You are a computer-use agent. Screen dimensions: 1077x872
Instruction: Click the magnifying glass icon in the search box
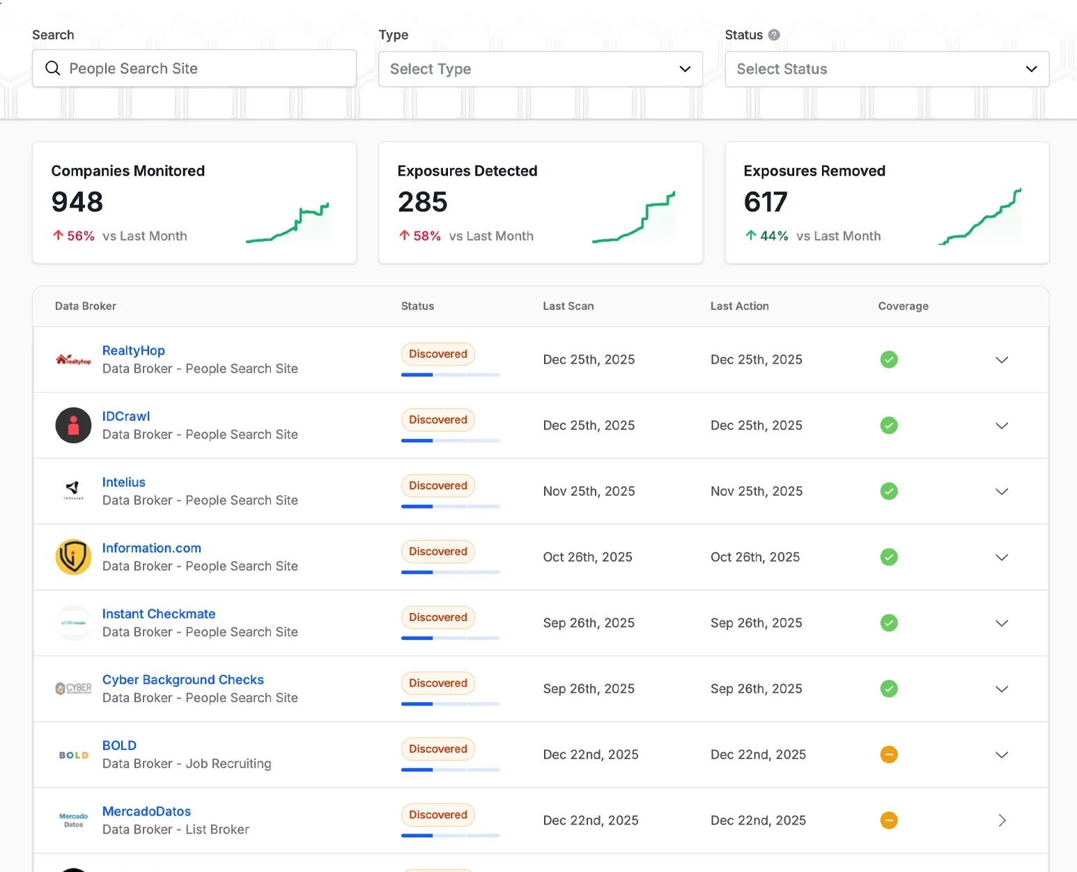pos(52,68)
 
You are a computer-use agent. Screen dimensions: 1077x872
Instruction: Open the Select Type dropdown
pos(540,69)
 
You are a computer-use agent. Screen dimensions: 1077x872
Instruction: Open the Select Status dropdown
pos(887,69)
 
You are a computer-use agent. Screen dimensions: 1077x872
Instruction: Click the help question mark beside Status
pos(774,35)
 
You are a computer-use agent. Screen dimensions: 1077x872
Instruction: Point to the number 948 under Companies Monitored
pos(77,202)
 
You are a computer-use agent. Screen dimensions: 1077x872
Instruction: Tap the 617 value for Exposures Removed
pos(765,202)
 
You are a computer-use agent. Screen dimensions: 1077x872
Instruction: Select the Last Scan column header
pos(568,306)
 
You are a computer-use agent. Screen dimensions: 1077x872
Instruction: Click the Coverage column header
pos(903,306)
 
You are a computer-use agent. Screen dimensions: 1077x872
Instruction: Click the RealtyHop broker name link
pos(134,350)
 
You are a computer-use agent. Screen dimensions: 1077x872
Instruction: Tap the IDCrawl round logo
pos(73,425)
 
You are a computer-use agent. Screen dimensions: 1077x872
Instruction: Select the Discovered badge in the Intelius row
pos(438,485)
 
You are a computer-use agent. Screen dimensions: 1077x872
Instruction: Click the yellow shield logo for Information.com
pos(73,556)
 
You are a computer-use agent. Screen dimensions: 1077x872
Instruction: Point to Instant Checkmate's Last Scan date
pos(589,623)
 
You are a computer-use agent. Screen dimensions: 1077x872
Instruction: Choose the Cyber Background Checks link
pos(183,679)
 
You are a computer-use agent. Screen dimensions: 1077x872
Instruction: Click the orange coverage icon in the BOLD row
pos(888,754)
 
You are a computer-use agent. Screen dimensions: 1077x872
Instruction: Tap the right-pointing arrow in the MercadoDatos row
pos(1002,820)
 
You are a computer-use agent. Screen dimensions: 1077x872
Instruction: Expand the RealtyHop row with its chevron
pos(1002,360)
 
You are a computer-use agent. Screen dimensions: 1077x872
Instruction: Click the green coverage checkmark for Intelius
pos(888,491)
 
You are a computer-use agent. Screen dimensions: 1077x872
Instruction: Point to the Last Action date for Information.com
pos(755,556)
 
